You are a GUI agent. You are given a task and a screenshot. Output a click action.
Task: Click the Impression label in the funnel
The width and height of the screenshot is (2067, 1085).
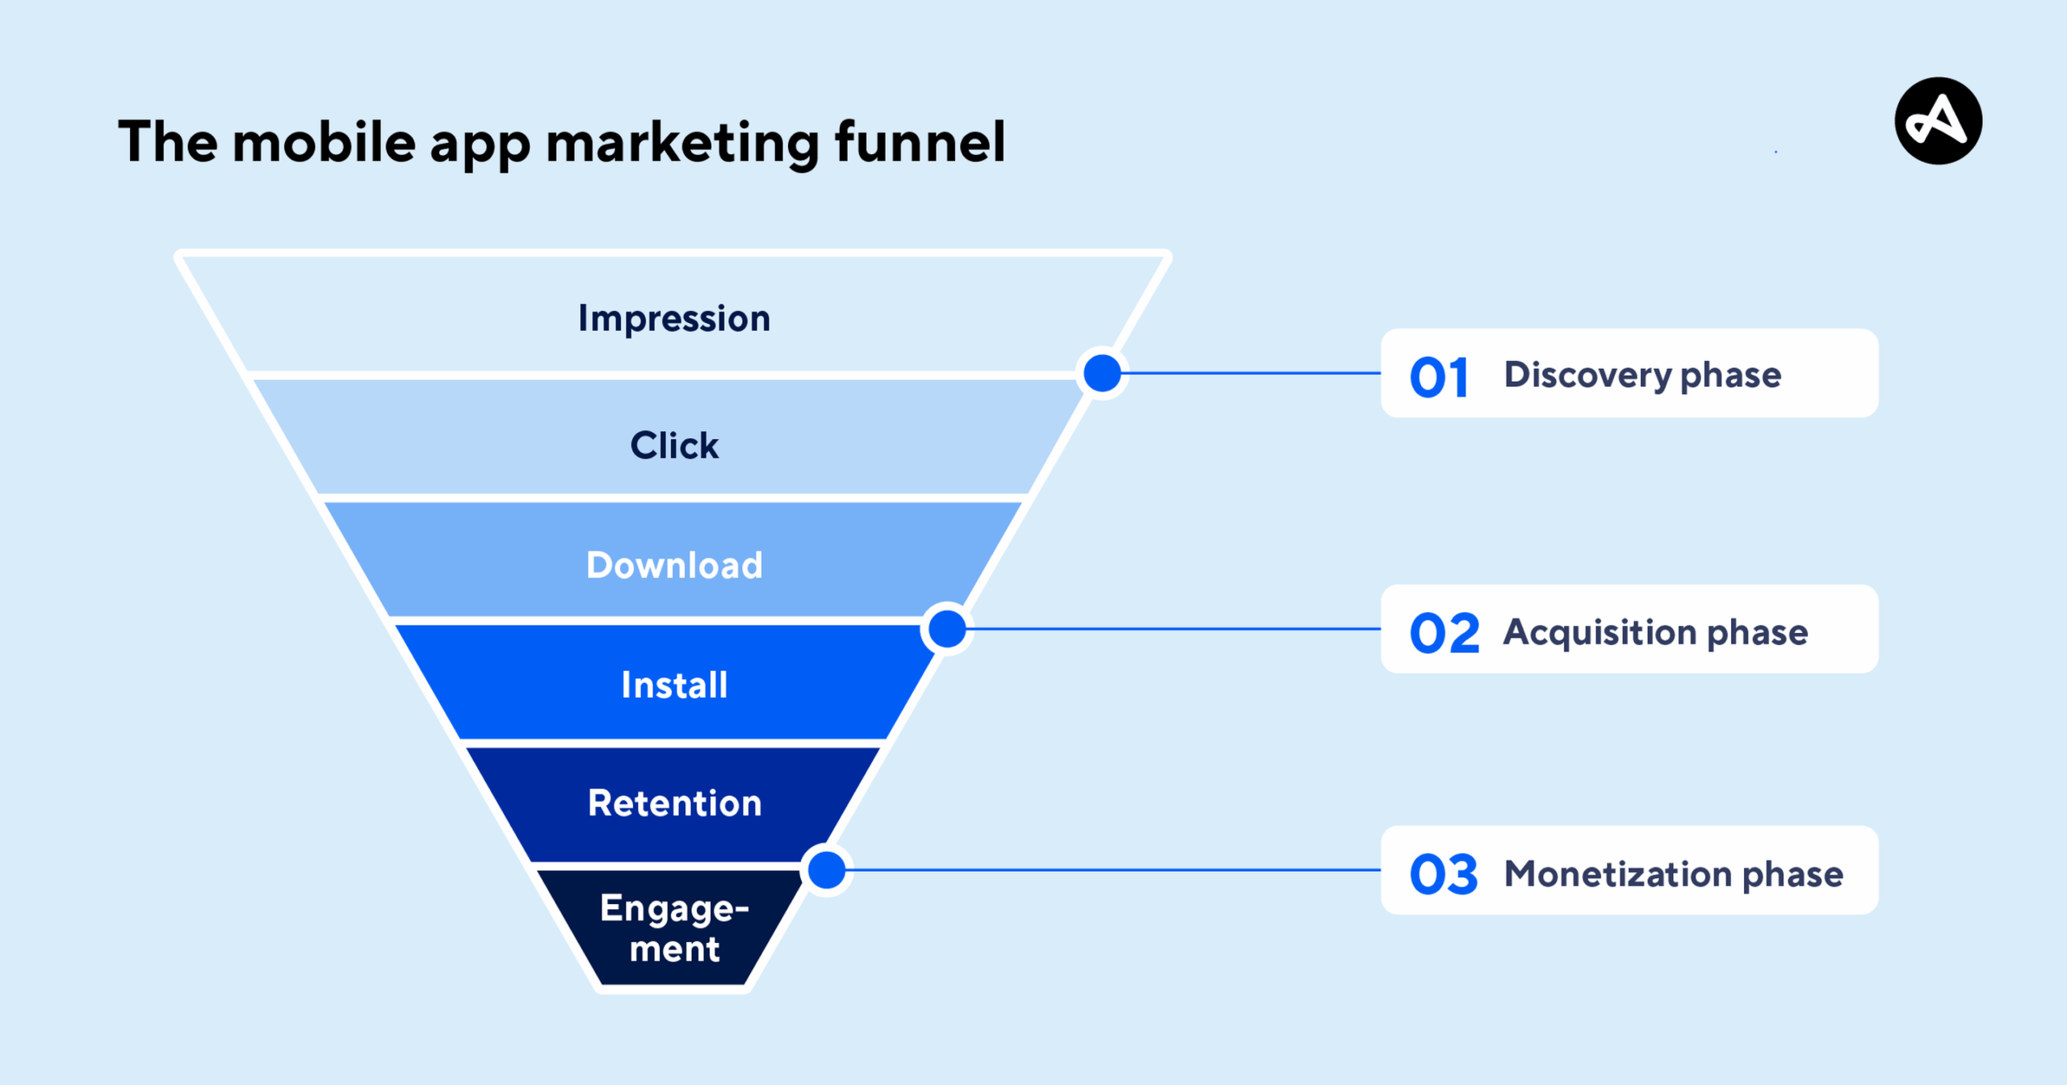click(x=674, y=319)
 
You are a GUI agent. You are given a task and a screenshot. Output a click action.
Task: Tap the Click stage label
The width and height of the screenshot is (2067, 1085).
click(x=674, y=446)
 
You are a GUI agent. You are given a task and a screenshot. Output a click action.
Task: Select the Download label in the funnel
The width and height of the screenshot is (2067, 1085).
click(x=674, y=565)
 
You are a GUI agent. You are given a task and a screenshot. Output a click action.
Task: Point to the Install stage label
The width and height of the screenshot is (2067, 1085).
click(x=674, y=685)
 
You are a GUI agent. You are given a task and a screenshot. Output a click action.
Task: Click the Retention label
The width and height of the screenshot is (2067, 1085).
click(x=674, y=803)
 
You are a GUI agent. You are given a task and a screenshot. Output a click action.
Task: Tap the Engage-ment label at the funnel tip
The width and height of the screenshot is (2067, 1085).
click(x=674, y=928)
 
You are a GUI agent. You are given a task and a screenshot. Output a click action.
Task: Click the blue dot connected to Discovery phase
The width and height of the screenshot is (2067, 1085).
click(x=1102, y=373)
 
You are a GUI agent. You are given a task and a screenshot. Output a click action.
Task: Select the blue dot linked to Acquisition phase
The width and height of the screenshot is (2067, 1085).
click(x=947, y=629)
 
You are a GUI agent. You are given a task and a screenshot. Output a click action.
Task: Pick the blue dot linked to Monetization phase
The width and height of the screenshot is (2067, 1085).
click(x=827, y=870)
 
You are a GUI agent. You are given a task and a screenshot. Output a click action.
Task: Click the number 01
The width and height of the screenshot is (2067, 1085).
click(x=1438, y=377)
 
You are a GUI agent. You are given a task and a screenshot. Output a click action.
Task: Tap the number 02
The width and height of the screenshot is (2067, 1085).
click(x=1444, y=633)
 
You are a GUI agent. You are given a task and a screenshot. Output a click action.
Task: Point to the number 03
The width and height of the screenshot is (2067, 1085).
click(x=1444, y=874)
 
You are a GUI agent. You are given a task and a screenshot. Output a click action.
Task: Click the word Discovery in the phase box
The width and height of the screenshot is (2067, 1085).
click(x=1587, y=375)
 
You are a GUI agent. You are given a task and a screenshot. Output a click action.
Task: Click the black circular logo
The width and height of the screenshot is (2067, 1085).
click(x=1938, y=121)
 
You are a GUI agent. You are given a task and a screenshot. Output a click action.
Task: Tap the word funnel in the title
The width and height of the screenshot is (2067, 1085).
click(x=920, y=142)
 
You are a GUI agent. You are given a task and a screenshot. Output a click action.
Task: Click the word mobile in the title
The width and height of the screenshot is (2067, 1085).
click(x=324, y=142)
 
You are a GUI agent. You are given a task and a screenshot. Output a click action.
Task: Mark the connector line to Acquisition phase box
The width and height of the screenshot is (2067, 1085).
click(x=1171, y=629)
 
